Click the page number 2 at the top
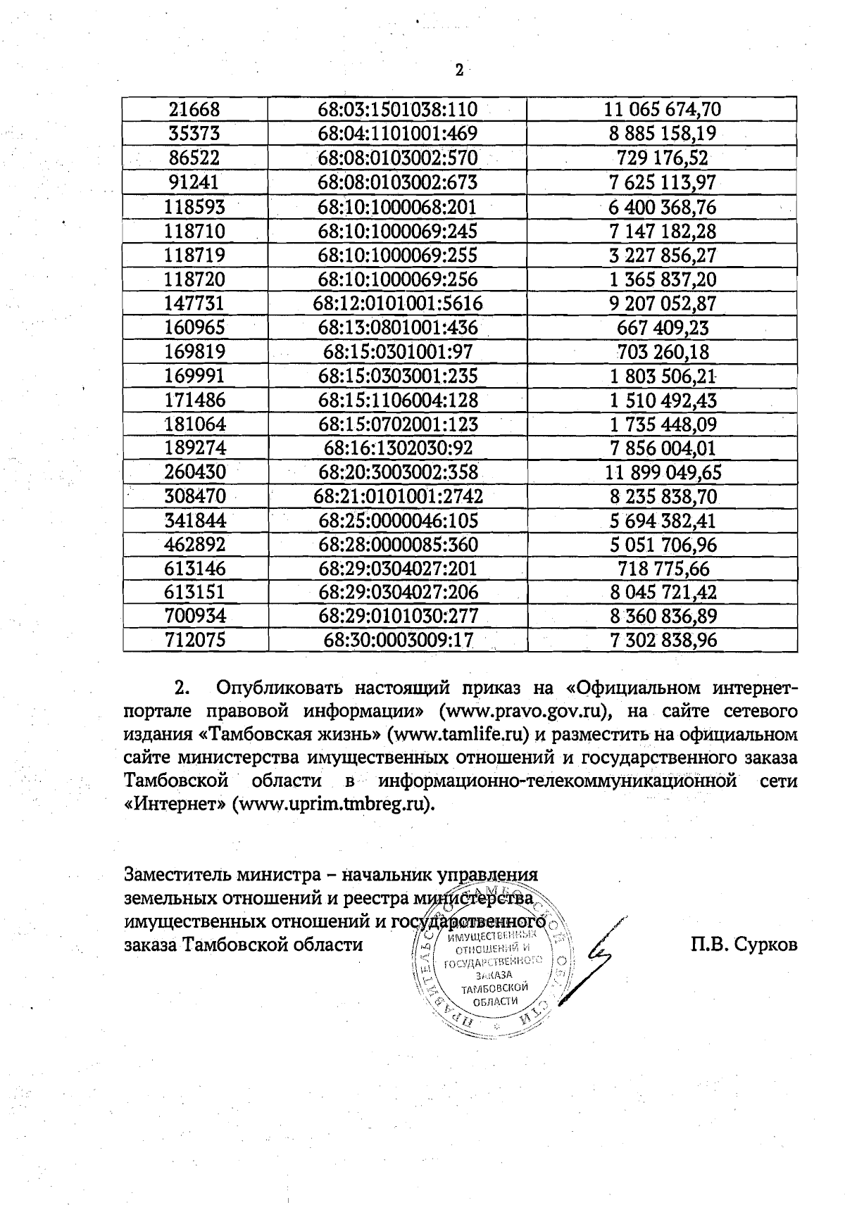coord(459,70)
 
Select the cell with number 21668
coord(195,110)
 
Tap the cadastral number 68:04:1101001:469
coord(398,134)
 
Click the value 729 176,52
coord(662,158)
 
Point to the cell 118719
coord(195,255)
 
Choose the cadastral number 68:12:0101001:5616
coord(398,303)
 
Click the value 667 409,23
coord(662,327)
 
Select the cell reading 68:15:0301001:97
coord(398,351)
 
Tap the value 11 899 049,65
coord(662,472)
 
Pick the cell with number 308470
coord(195,497)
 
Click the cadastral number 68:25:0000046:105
coord(398,521)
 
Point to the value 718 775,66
coord(662,569)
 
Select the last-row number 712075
coord(195,641)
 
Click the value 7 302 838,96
coord(662,641)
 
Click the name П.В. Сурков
coord(744,945)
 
